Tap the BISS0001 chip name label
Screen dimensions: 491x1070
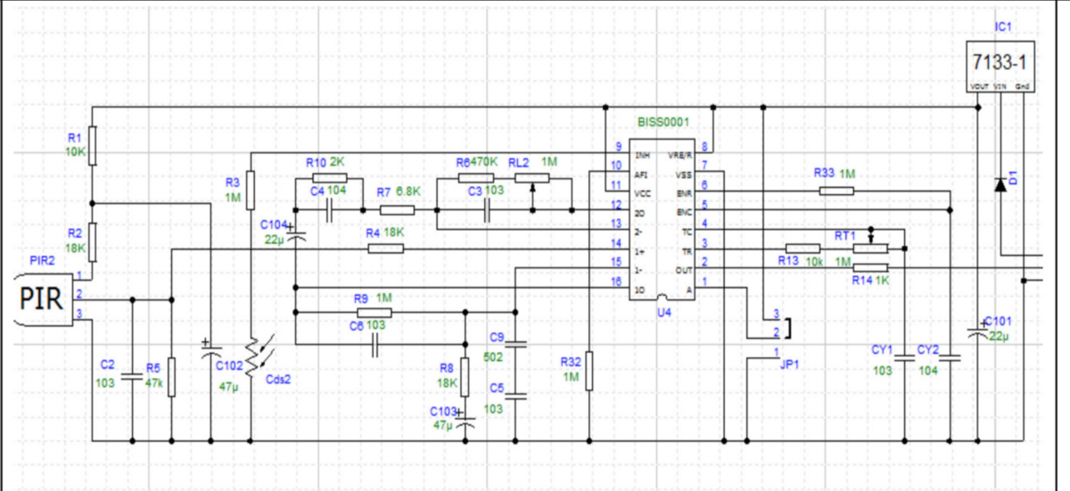point(663,121)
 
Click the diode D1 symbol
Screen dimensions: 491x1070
point(1000,183)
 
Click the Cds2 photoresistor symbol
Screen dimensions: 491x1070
point(253,354)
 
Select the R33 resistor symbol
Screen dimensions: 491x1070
point(835,190)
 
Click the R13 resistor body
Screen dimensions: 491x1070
point(802,249)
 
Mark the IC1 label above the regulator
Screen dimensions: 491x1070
point(1000,29)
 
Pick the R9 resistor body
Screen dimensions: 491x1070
point(374,313)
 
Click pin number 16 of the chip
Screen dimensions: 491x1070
point(615,281)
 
